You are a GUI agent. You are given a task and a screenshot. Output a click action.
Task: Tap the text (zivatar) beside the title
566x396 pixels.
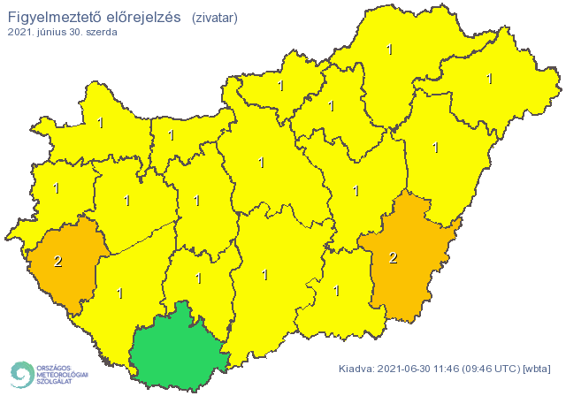(x=214, y=17)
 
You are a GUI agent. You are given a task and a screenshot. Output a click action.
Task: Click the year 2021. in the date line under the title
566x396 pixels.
(x=21, y=32)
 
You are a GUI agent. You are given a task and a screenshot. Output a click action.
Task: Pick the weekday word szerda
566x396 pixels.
(x=100, y=32)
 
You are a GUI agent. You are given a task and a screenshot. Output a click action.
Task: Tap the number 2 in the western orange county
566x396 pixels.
(x=58, y=261)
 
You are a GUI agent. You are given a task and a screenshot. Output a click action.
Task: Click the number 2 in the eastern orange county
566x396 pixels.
(x=394, y=258)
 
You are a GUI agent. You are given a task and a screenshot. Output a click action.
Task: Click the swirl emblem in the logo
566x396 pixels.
(x=21, y=373)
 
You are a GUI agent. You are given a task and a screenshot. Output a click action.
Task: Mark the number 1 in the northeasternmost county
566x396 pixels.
(x=489, y=79)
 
